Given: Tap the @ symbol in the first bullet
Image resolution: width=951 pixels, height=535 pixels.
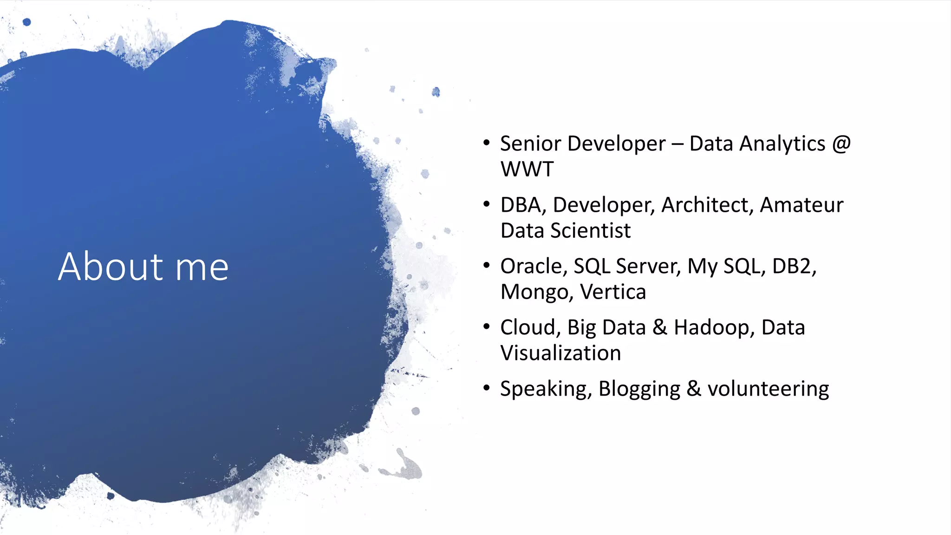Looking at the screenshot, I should click(x=841, y=144).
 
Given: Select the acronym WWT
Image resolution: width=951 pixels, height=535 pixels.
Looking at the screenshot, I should click(x=527, y=169).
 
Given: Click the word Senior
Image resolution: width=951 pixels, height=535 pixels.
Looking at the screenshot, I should click(x=530, y=144).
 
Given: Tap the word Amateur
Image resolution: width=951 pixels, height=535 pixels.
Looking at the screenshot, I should click(x=801, y=205).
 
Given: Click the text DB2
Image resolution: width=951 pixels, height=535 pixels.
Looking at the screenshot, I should click(x=793, y=267).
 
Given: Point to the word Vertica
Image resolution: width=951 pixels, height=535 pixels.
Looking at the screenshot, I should click(x=613, y=292).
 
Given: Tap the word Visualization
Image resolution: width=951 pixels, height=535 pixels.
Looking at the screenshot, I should click(x=560, y=353).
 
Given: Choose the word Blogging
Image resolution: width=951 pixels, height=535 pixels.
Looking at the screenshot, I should click(x=639, y=389).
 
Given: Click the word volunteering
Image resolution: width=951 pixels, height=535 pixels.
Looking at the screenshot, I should click(x=768, y=389).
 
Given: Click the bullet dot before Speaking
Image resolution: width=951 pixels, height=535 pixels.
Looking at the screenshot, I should click(x=486, y=388).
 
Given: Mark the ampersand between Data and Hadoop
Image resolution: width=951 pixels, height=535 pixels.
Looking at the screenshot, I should click(x=660, y=327).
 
